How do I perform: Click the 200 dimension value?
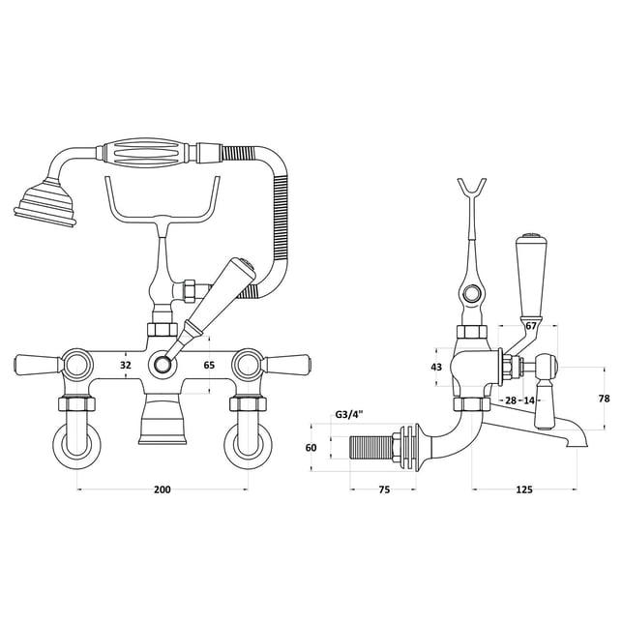point(163,489)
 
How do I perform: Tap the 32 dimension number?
point(126,365)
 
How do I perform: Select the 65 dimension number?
point(209,365)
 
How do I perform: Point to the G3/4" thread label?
point(349,415)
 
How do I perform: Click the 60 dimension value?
point(311,448)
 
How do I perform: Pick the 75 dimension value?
point(384,489)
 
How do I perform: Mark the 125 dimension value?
point(524,489)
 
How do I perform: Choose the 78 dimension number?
point(604,399)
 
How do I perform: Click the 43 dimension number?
point(436,367)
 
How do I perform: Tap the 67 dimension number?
point(531,326)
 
